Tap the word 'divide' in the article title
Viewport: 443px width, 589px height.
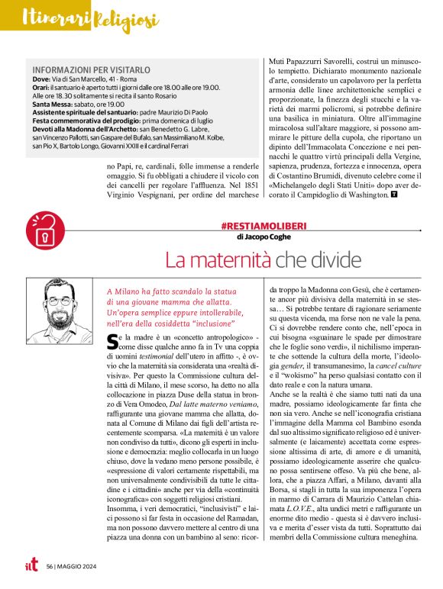point(334,260)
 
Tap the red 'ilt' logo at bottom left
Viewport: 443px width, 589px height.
point(31,566)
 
